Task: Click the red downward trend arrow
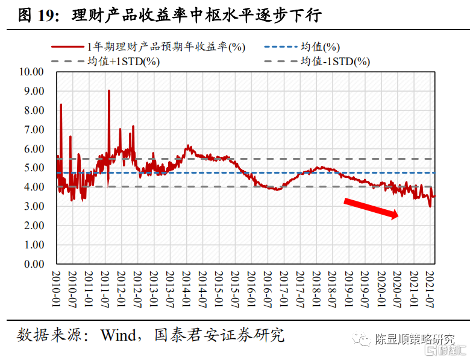pos(371,209)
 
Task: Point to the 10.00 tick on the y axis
pos(32,72)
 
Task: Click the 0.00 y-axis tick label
pos(34,264)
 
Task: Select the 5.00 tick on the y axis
pos(34,168)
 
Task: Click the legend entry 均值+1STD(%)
pos(123,61)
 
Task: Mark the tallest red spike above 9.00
pos(108,91)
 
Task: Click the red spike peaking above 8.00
pos(61,106)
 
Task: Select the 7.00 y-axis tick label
pos(34,129)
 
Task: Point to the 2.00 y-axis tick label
pos(34,226)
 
